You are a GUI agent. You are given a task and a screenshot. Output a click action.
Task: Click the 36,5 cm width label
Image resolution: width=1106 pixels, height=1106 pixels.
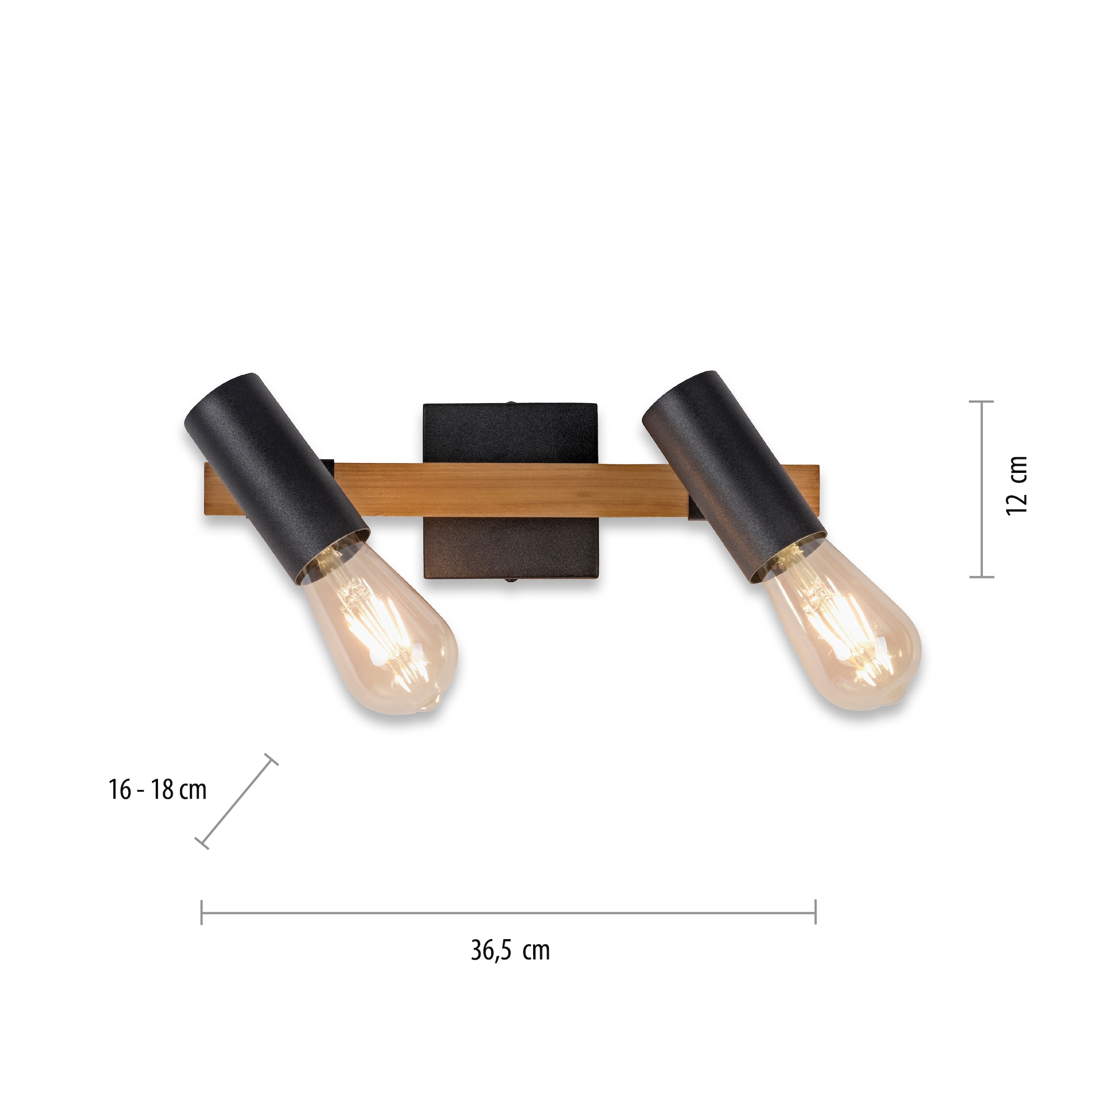click(510, 951)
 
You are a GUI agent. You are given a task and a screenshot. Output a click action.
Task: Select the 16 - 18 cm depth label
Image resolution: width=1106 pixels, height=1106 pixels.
click(158, 790)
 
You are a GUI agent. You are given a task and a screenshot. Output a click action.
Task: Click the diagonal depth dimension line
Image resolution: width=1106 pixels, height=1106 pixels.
click(236, 801)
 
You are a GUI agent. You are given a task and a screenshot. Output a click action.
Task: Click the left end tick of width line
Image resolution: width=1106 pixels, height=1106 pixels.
click(201, 912)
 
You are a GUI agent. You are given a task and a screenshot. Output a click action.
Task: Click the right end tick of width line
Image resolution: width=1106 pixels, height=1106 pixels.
click(815, 912)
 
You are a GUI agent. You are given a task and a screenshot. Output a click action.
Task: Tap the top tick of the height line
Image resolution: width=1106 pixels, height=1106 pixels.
click(982, 402)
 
